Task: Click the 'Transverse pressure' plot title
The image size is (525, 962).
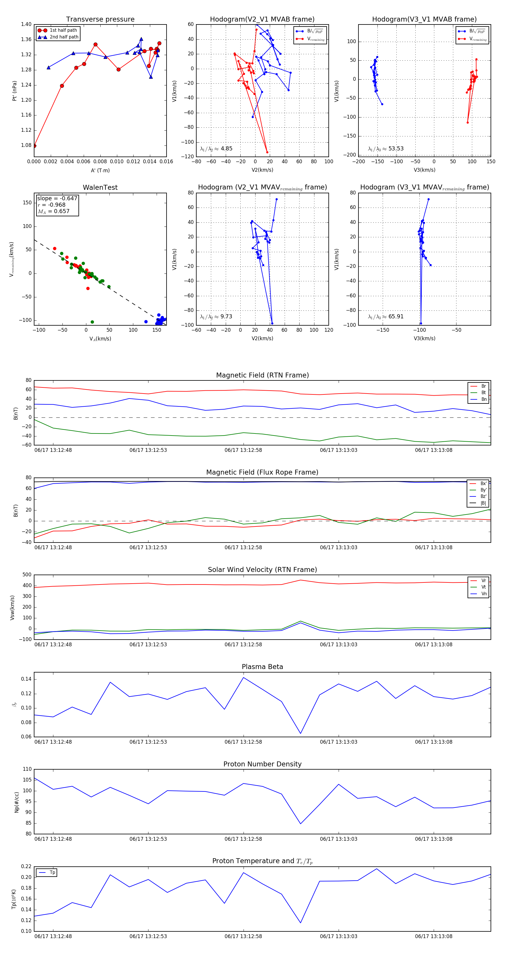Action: click(x=100, y=20)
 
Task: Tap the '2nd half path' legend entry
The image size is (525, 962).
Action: click(x=64, y=37)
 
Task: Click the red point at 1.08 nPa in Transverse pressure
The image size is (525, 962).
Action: click(x=34, y=146)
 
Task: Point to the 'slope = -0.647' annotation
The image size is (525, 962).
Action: click(x=57, y=198)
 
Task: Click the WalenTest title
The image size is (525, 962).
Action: click(x=100, y=187)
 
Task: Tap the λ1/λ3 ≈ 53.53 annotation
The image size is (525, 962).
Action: click(x=386, y=149)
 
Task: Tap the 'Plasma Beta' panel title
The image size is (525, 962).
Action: click(x=262, y=667)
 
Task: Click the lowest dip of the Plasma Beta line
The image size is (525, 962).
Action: click(x=300, y=733)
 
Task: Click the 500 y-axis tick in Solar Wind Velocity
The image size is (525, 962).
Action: click(x=27, y=575)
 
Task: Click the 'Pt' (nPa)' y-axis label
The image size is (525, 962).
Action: click(x=15, y=91)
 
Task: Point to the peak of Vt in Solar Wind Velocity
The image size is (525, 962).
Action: click(x=300, y=621)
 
